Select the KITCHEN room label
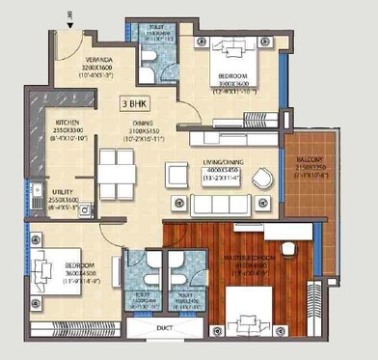[x=67, y=124]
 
